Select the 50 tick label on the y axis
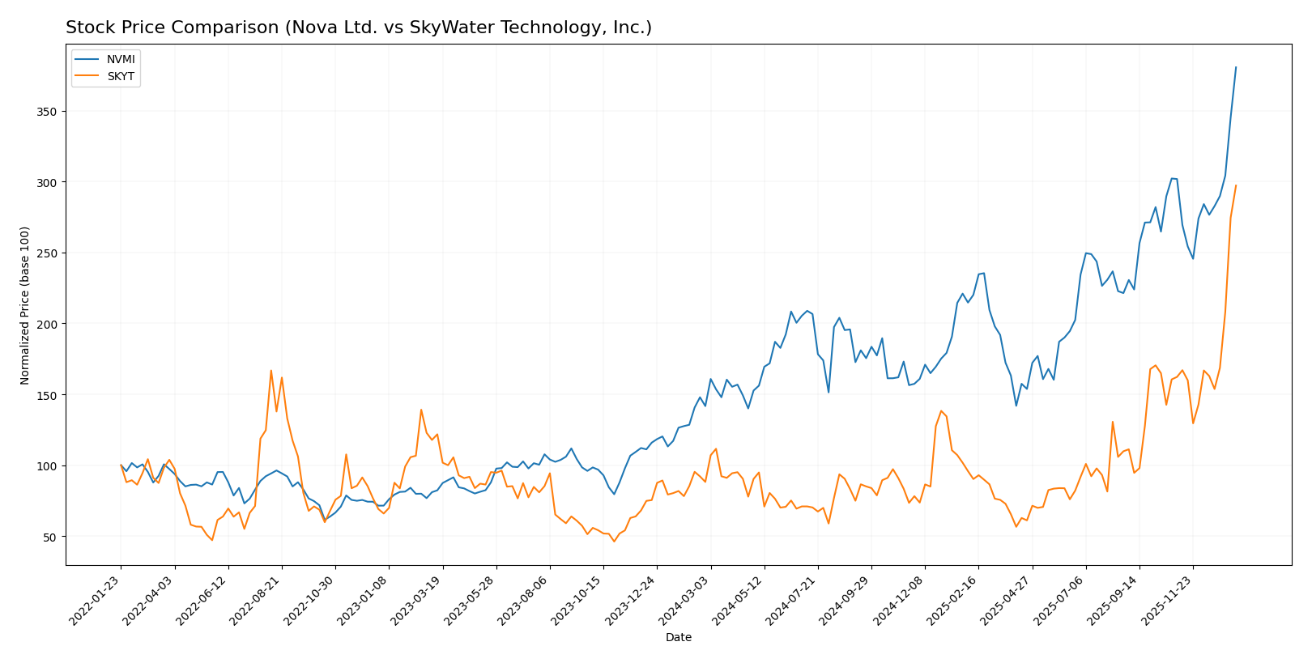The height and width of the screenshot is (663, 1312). click(x=51, y=537)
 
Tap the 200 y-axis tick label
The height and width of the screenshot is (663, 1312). click(x=48, y=324)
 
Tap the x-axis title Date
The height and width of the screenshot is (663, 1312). click(x=678, y=638)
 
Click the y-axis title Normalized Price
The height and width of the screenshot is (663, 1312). click(x=25, y=305)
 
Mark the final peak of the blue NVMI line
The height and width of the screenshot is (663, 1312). click(x=1236, y=67)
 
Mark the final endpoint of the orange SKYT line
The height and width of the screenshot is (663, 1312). click(x=1236, y=185)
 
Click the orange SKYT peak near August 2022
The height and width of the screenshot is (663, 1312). click(x=270, y=370)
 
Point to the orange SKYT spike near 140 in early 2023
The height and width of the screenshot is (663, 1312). click(x=421, y=410)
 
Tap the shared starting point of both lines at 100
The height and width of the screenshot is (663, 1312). click(x=121, y=465)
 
